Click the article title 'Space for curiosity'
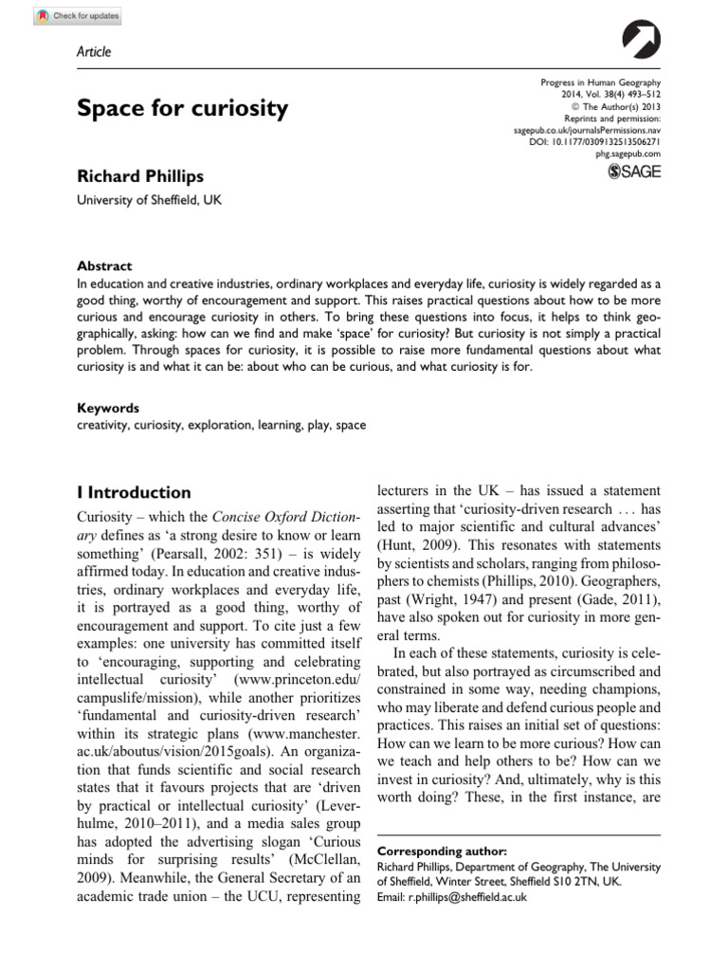pyautogui.click(x=182, y=108)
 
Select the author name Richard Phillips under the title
pyautogui.click(x=141, y=177)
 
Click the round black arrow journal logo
pyautogui.click(x=642, y=42)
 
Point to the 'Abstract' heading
pyautogui.click(x=104, y=266)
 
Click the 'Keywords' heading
pyautogui.click(x=108, y=409)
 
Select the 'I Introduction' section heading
pyautogui.click(x=134, y=492)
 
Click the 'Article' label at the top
pyautogui.click(x=93, y=51)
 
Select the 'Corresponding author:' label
pyautogui.click(x=442, y=851)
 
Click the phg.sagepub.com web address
pyautogui.click(x=628, y=153)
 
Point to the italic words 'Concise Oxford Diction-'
pyautogui.click(x=284, y=517)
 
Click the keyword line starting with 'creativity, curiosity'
pyautogui.click(x=221, y=426)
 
